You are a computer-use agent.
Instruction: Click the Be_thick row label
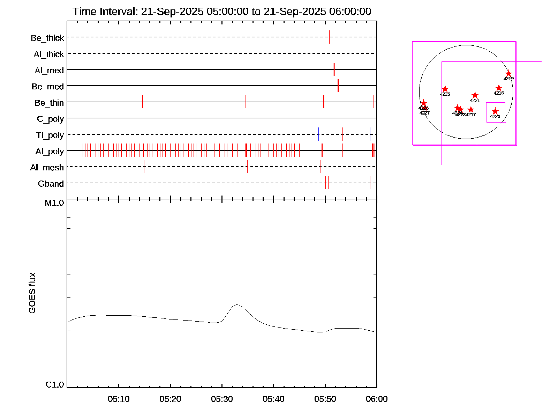tap(47, 38)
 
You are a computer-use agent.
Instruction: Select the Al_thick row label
tap(49, 54)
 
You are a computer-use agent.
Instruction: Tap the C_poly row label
tap(50, 119)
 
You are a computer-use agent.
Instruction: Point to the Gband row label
tap(51, 184)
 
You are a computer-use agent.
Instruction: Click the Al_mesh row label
tap(47, 168)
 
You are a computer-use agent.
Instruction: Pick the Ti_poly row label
tap(50, 135)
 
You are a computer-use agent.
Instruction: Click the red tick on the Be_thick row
tap(329, 37)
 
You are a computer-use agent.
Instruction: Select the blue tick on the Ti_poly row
tap(318, 134)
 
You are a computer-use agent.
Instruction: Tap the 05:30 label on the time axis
tap(222, 399)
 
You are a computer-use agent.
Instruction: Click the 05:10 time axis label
tap(119, 399)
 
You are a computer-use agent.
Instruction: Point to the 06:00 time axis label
tap(377, 399)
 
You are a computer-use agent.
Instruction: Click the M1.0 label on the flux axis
tap(54, 203)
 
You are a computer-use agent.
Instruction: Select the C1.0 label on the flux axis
tap(55, 385)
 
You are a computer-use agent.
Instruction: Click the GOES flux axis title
tap(32, 293)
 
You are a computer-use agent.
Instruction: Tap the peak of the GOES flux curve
tap(237, 304)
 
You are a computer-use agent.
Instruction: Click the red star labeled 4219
tap(508, 74)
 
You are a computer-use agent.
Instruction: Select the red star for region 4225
tap(445, 89)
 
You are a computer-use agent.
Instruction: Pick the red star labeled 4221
tap(475, 95)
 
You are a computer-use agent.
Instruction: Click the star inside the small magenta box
tap(495, 111)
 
